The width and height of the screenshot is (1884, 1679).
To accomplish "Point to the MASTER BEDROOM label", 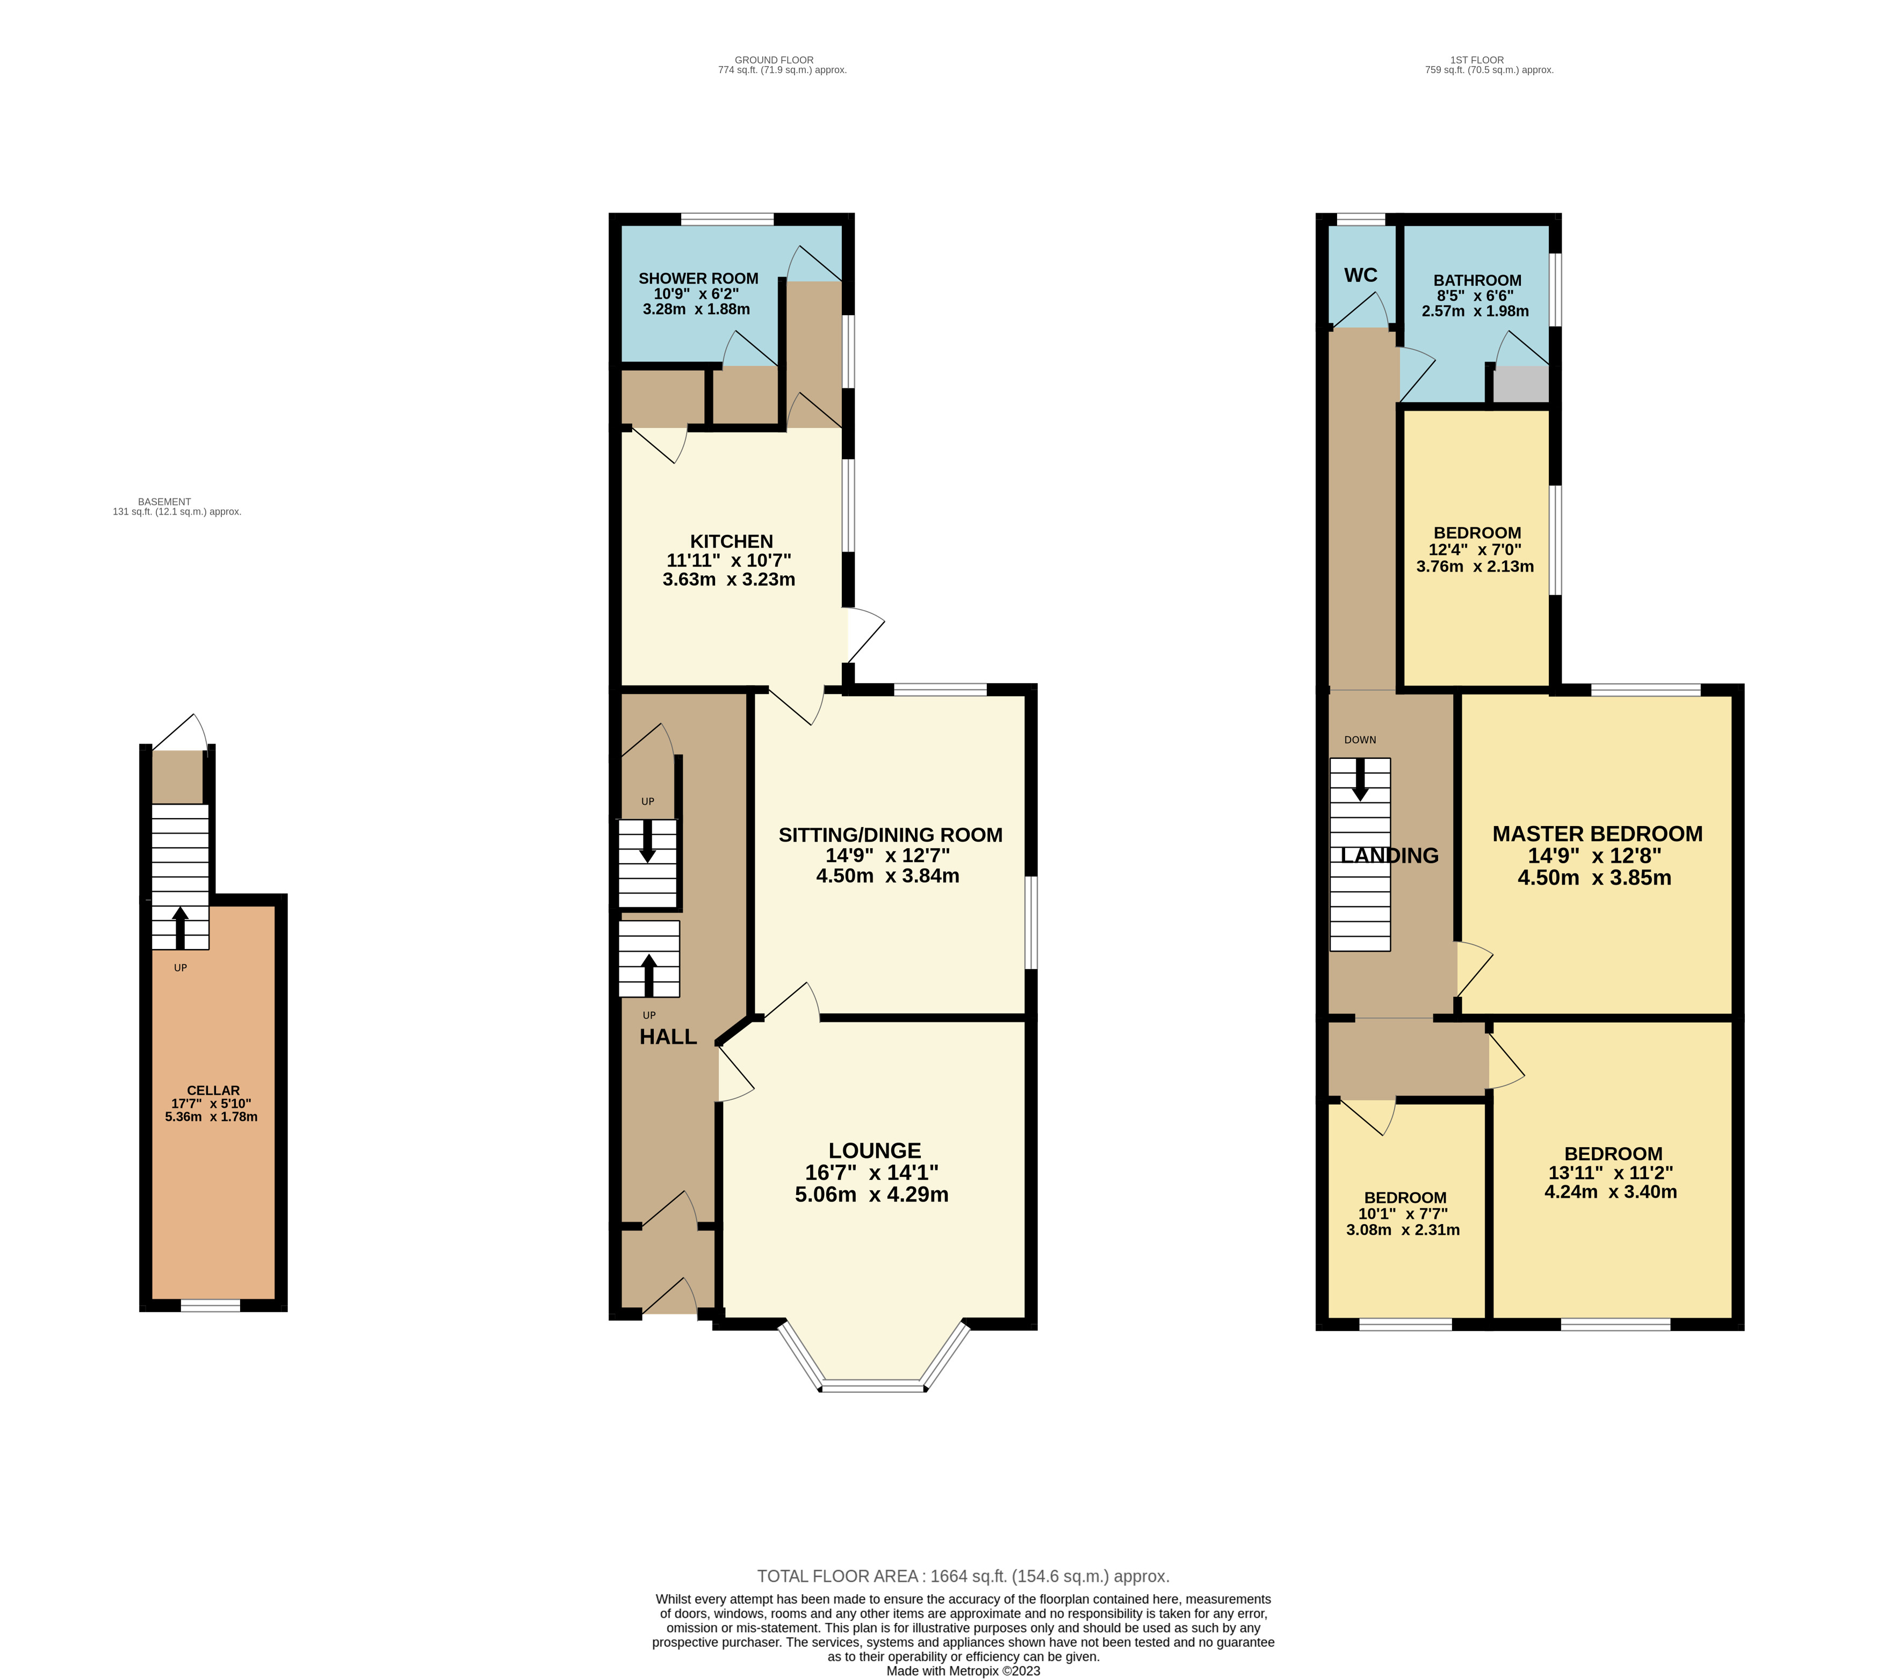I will pos(1597,834).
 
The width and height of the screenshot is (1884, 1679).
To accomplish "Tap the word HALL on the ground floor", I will pos(668,1037).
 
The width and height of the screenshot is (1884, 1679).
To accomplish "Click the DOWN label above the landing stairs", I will pos(1359,740).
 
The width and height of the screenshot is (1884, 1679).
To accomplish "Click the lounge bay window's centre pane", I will pos(873,1386).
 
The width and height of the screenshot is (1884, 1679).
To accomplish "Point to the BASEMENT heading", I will pos(164,502).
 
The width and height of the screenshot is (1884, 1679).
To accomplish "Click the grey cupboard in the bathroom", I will pos(1520,385).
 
